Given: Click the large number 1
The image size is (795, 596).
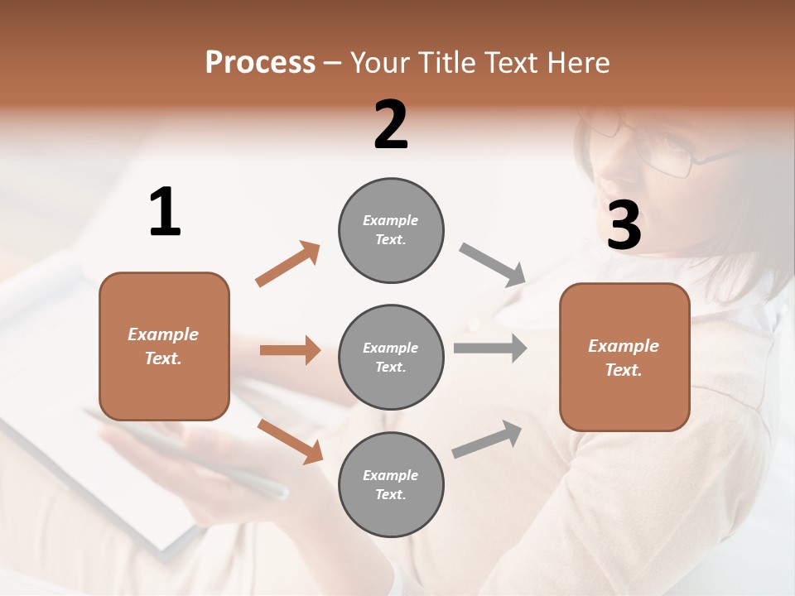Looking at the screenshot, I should pyautogui.click(x=165, y=213).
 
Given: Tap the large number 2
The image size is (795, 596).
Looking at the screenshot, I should pyautogui.click(x=391, y=125).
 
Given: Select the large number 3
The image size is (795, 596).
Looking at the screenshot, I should pyautogui.click(x=624, y=225).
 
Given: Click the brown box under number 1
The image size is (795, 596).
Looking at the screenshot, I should pyautogui.click(x=164, y=346).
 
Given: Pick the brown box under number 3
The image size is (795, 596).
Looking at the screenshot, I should pyautogui.click(x=624, y=357).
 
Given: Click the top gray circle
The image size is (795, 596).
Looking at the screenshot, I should pyautogui.click(x=391, y=230).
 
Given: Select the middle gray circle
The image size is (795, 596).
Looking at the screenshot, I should pyautogui.click(x=391, y=357).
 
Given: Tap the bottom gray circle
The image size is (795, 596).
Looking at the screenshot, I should pyautogui.click(x=391, y=484).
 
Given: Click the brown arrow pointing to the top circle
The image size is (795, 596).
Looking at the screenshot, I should pyautogui.click(x=288, y=263).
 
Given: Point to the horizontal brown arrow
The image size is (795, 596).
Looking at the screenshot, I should pyautogui.click(x=290, y=350).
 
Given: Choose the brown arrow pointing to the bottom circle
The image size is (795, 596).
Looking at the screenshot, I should pyautogui.click(x=291, y=441).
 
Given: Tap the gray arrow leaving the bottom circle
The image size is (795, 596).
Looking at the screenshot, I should pyautogui.click(x=487, y=440).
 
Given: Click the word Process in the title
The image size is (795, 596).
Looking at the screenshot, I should pyautogui.click(x=261, y=63).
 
